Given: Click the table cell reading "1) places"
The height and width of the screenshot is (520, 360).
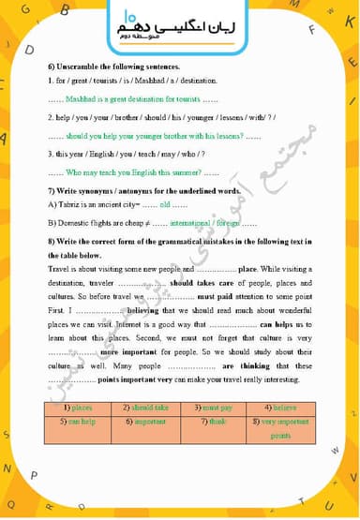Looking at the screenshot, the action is tap(82, 408).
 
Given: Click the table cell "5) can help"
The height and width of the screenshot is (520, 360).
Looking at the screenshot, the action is tap(82, 422).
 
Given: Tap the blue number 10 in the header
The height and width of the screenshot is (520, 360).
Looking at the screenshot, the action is tap(128, 16).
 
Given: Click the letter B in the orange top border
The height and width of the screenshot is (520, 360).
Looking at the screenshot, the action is tap(65, 10).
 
